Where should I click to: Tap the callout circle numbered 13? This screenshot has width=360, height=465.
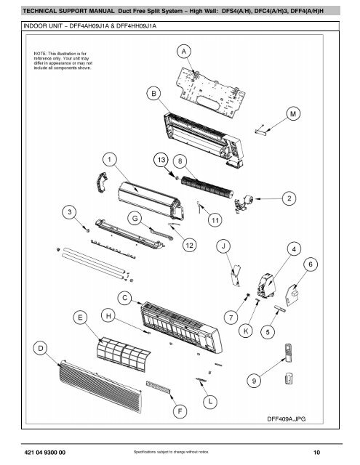(x=161, y=158)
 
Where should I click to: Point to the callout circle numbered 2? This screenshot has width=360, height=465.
(x=290, y=198)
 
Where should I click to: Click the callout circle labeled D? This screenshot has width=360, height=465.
(x=43, y=349)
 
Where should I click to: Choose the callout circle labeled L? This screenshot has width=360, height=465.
(x=211, y=400)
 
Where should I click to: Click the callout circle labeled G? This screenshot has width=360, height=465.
(x=136, y=217)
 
